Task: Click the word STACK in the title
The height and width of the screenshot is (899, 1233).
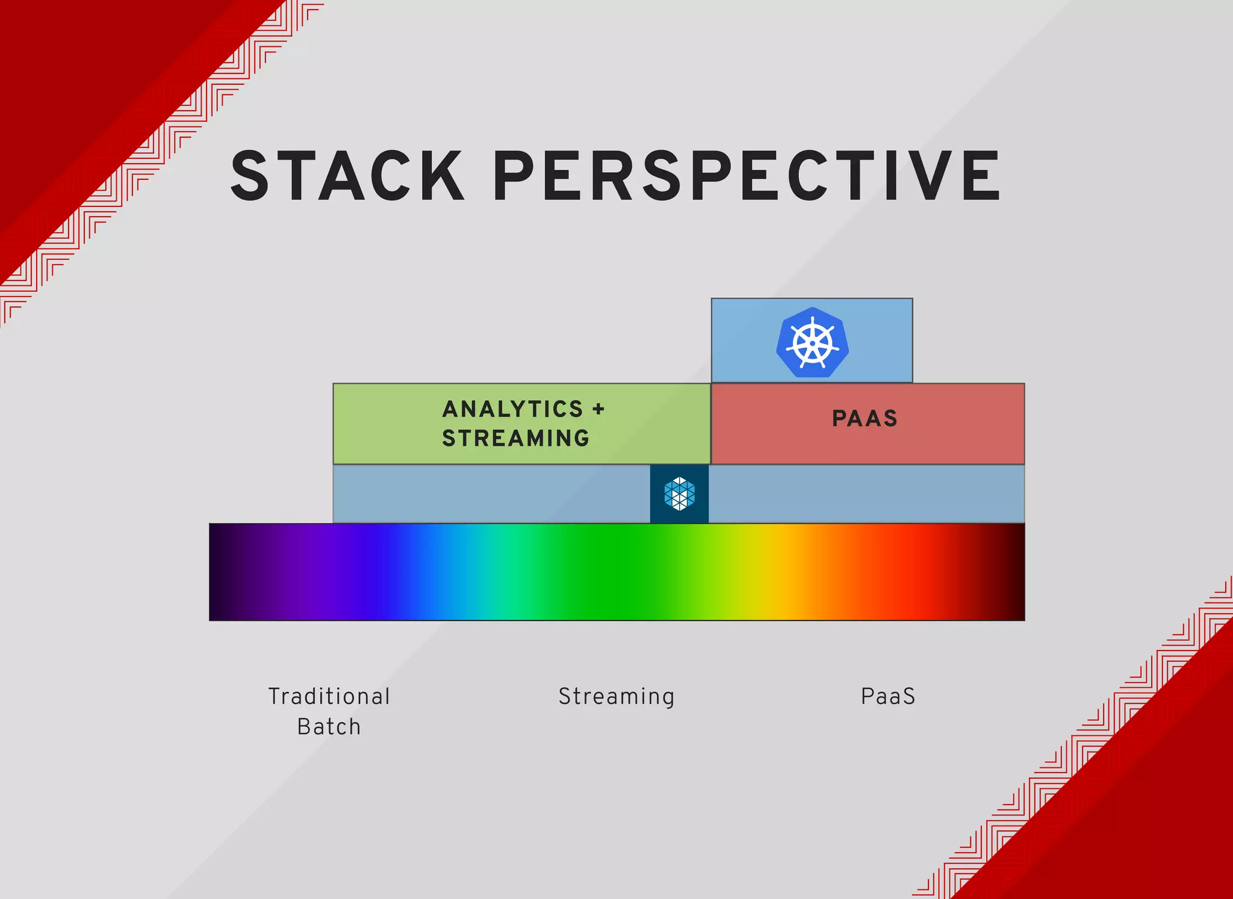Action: point(347,176)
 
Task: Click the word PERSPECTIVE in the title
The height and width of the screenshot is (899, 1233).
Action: point(747,176)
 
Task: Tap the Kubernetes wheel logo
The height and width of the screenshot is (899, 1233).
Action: point(812,343)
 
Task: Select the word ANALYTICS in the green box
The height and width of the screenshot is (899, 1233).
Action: point(513,409)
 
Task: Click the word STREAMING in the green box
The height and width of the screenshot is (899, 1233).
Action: point(516,438)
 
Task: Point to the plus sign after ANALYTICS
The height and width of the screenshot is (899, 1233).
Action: point(598,409)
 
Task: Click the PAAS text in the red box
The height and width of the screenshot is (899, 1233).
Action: point(865,418)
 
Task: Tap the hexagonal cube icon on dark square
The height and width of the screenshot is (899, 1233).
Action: point(679,493)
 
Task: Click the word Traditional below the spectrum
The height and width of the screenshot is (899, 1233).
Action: point(329,696)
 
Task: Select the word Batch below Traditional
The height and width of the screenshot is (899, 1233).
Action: point(329,727)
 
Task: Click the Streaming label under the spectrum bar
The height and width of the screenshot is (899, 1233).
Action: point(616,696)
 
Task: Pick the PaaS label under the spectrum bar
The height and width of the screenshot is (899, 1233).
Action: point(888,696)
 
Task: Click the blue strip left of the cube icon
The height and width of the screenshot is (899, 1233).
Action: point(491,493)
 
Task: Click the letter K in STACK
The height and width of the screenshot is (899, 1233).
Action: point(441,176)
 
